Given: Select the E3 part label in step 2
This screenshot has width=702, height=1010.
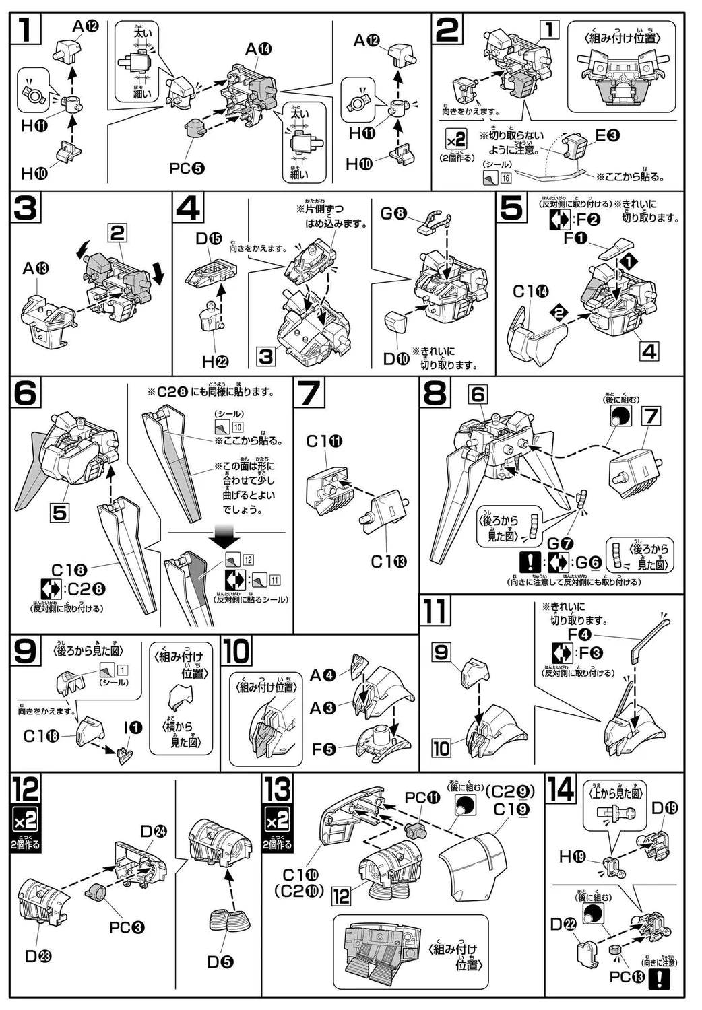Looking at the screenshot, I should tap(607, 135).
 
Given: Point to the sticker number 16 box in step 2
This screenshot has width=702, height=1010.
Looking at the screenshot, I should tap(506, 178).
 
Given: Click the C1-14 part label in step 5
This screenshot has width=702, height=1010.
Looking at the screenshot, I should tap(530, 292).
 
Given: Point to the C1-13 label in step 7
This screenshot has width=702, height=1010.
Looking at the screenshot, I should tap(389, 562).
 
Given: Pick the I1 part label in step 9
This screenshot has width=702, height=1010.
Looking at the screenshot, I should tap(133, 727).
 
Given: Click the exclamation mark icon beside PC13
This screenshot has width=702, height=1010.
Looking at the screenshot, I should tap(658, 980).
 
